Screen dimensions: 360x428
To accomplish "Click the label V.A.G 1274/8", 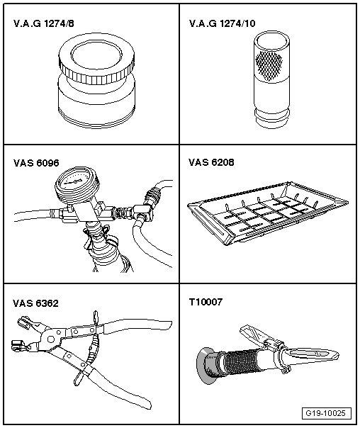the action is (x=44, y=23).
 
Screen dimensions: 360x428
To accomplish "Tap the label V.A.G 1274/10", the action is (x=223, y=23).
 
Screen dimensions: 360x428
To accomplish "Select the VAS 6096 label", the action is (x=36, y=163).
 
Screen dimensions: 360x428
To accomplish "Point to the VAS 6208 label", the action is (x=211, y=162).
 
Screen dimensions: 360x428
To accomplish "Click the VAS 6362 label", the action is (x=35, y=303).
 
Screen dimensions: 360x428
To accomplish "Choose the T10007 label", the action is (x=206, y=302).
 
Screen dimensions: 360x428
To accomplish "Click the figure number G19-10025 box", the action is (x=327, y=413).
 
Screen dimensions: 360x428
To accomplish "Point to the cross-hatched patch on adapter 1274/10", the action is (x=269, y=65).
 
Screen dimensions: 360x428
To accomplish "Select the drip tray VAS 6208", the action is (x=267, y=213).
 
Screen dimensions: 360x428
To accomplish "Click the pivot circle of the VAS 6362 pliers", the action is (x=51, y=339).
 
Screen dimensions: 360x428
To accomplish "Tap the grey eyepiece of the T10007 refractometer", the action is (x=206, y=365).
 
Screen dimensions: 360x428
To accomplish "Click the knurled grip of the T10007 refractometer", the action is (x=241, y=362).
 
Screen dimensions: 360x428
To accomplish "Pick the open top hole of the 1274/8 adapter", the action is (x=96, y=56).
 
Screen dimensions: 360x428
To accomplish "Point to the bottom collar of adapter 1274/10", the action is (x=271, y=118).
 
